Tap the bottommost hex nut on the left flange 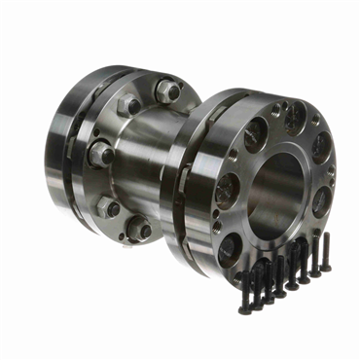[x=139, y=228]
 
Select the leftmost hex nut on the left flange [x=98, y=154]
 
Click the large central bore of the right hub [x=282, y=185]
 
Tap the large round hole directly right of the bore [x=320, y=199]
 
